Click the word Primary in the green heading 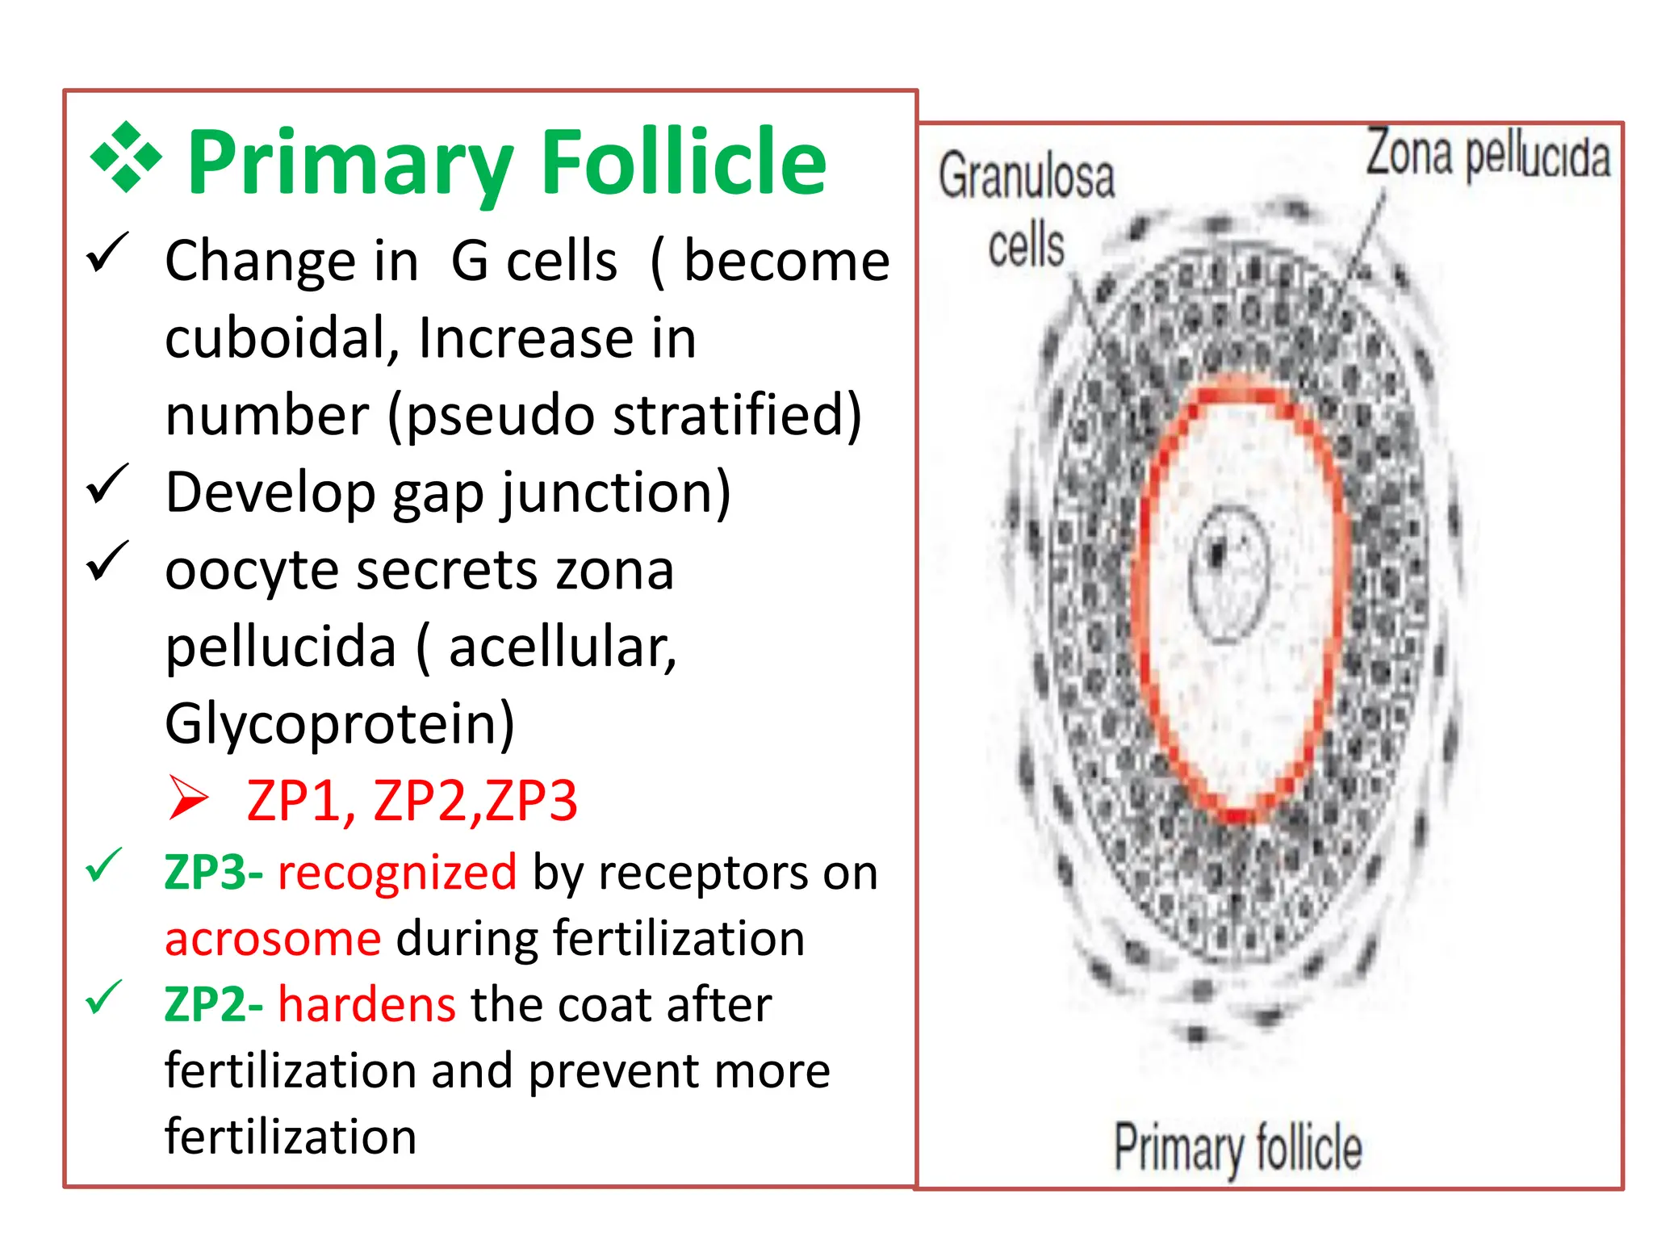coord(350,164)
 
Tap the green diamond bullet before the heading coord(126,157)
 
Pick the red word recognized coord(397,873)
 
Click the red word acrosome coord(273,939)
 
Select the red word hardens coord(367,1005)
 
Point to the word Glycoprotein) coord(340,724)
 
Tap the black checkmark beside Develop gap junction coord(107,484)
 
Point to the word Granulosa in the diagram coord(1027,176)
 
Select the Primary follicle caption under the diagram coord(1237,1147)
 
